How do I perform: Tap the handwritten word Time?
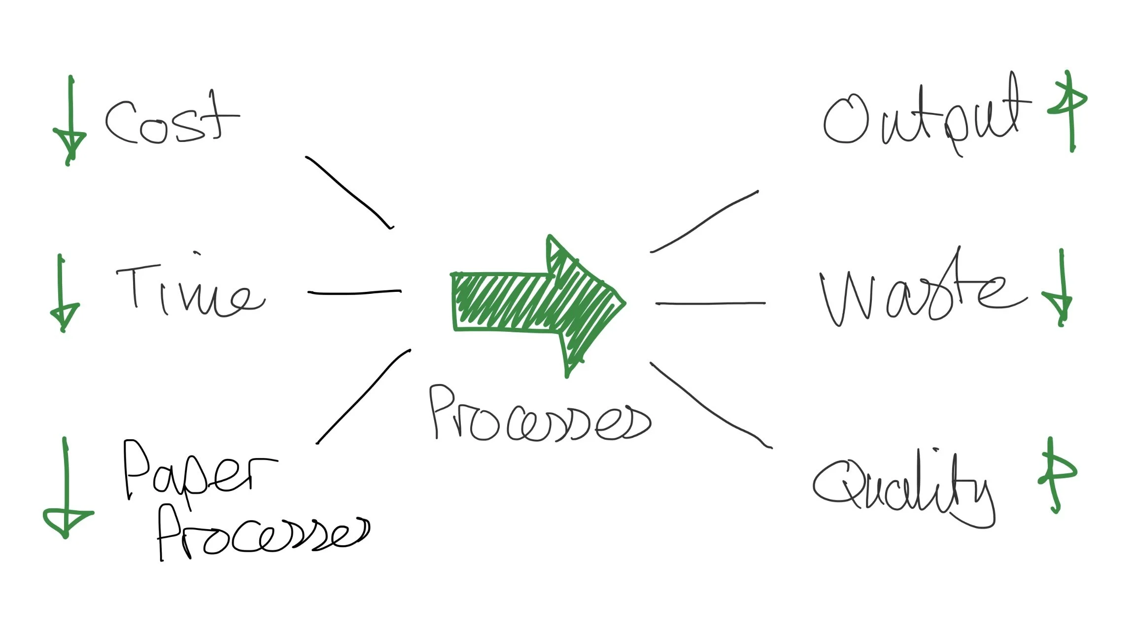[190, 291]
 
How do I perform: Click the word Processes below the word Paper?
[261, 535]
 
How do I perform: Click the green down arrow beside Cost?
[70, 121]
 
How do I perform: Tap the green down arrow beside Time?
[63, 293]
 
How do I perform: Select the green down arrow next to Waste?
[1060, 288]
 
